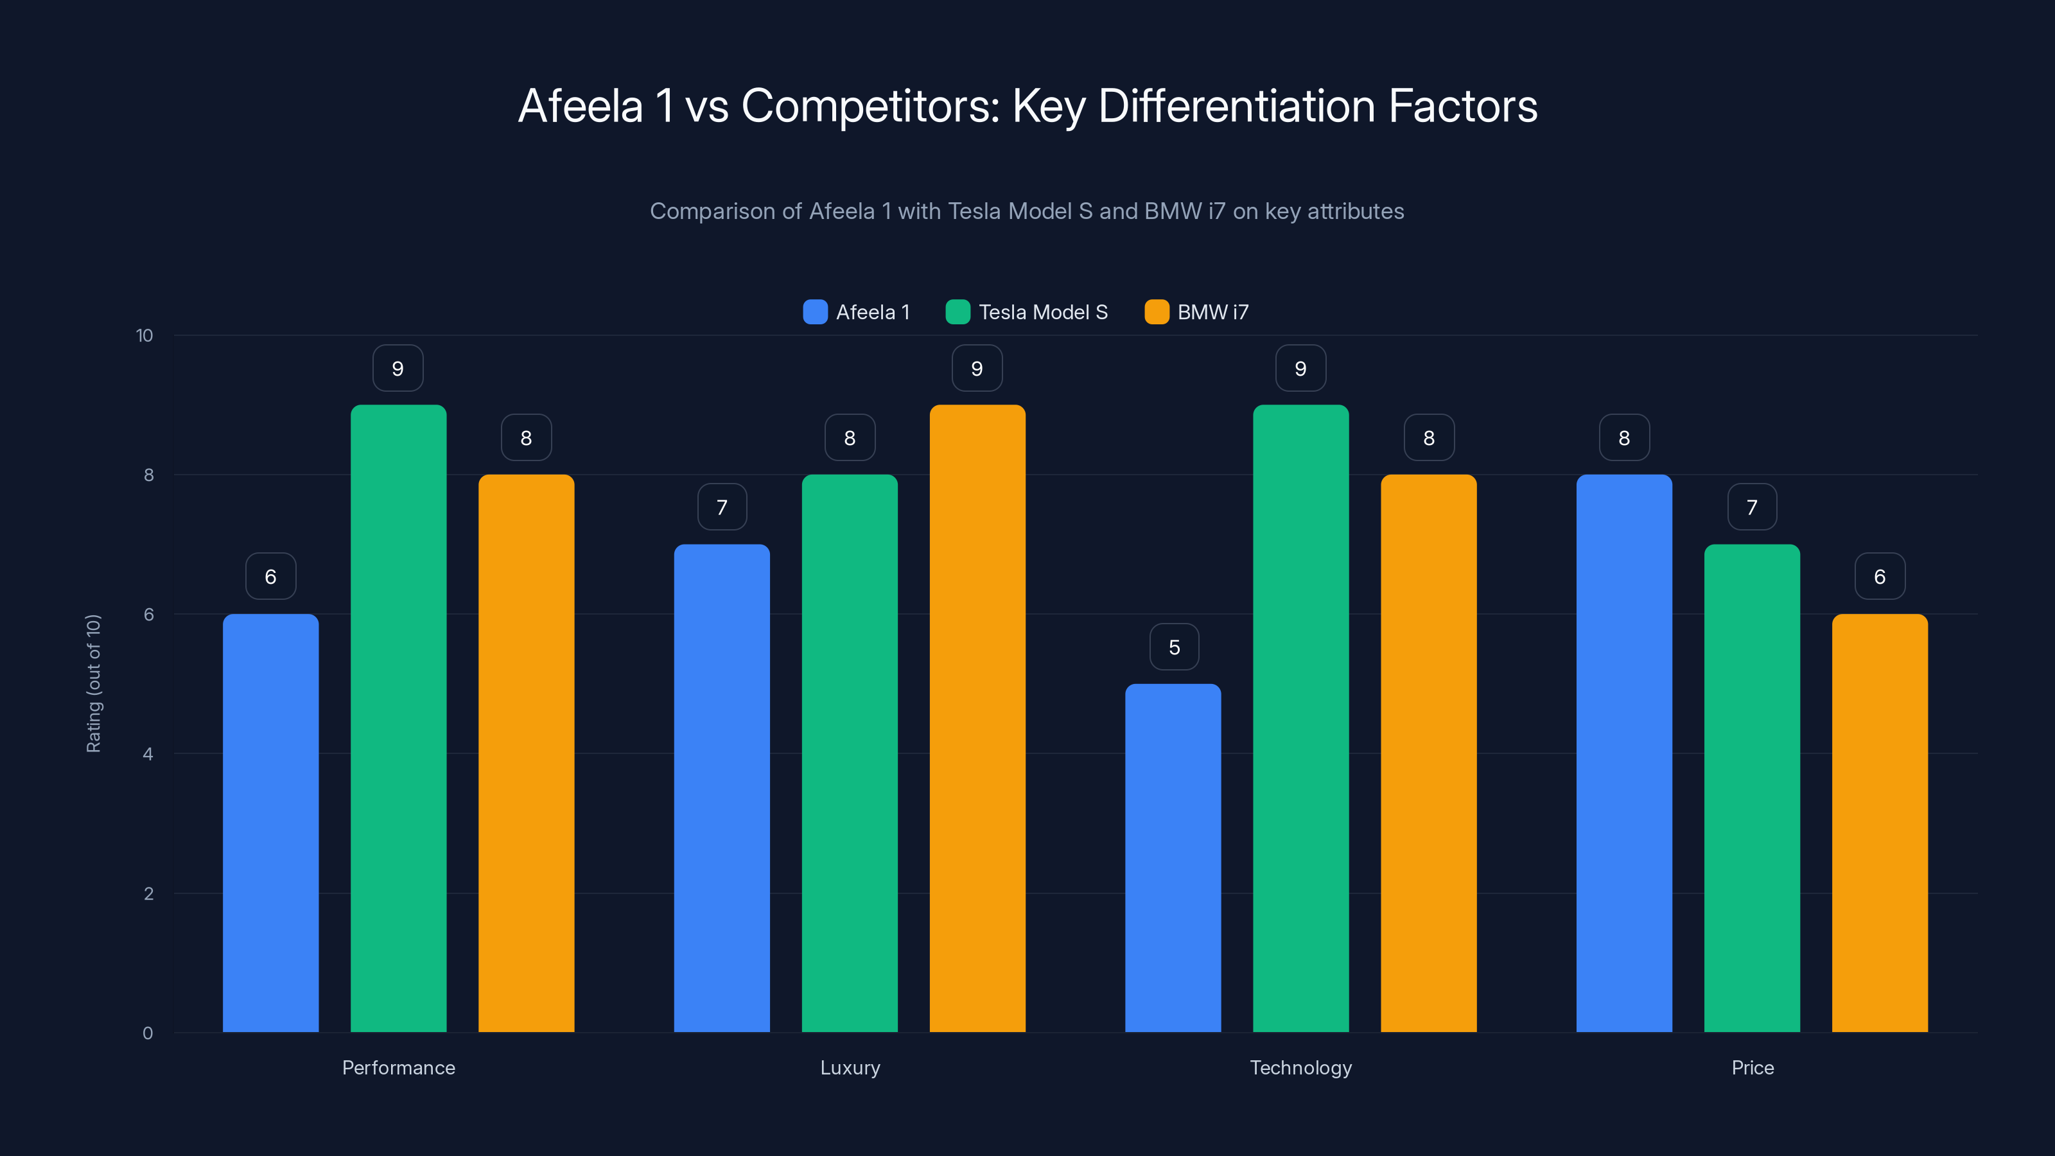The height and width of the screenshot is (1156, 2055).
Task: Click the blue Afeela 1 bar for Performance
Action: pyautogui.click(x=270, y=822)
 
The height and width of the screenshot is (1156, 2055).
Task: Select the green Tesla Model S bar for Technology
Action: pyautogui.click(x=1300, y=718)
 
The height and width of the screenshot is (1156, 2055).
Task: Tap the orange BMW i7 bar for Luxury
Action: pyautogui.click(x=977, y=718)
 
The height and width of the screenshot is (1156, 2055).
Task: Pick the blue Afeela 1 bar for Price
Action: pyautogui.click(x=1623, y=754)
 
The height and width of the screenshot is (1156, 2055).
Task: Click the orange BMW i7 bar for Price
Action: pyautogui.click(x=1880, y=822)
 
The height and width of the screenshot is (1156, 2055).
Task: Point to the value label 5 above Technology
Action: pyautogui.click(x=1173, y=647)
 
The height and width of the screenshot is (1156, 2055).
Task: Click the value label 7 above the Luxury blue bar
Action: pyautogui.click(x=722, y=507)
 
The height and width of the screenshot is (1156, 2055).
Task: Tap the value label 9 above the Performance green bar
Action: pyautogui.click(x=398, y=369)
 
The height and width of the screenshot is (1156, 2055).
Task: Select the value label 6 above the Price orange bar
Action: pyautogui.click(x=1880, y=577)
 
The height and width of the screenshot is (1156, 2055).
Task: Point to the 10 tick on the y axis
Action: pyautogui.click(x=144, y=335)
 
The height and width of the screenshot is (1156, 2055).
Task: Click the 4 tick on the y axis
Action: pyautogui.click(x=148, y=754)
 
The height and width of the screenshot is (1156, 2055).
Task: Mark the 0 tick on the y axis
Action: pyautogui.click(x=148, y=1033)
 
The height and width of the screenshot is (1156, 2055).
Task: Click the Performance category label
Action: pyautogui.click(x=398, y=1067)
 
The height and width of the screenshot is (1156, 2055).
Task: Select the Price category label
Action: pyautogui.click(x=1753, y=1067)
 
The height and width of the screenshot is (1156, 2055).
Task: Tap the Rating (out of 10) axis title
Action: pyautogui.click(x=93, y=684)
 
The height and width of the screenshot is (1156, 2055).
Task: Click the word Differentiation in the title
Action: pyautogui.click(x=1236, y=106)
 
